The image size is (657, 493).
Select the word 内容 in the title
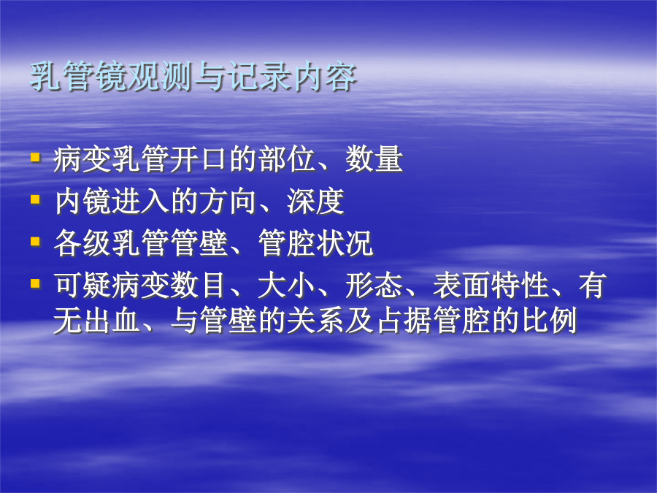(325, 76)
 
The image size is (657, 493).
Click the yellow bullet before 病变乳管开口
(35, 158)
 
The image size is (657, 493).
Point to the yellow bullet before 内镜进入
(35, 199)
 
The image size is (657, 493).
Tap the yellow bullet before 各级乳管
(35, 242)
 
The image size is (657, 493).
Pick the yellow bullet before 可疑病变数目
(35, 284)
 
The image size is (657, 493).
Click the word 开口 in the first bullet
(199, 159)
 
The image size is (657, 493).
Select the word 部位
(285, 159)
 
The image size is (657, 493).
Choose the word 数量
(374, 159)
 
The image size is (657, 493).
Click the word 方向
(227, 202)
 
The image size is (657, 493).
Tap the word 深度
(315, 202)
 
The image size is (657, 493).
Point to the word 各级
(82, 243)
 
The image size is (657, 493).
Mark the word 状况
(345, 243)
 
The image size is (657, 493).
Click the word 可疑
(82, 286)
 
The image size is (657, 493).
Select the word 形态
(374, 286)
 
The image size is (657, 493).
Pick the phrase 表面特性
(491, 286)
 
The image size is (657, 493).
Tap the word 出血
(112, 321)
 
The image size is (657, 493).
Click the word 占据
(403, 321)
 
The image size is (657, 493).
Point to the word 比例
(549, 321)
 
